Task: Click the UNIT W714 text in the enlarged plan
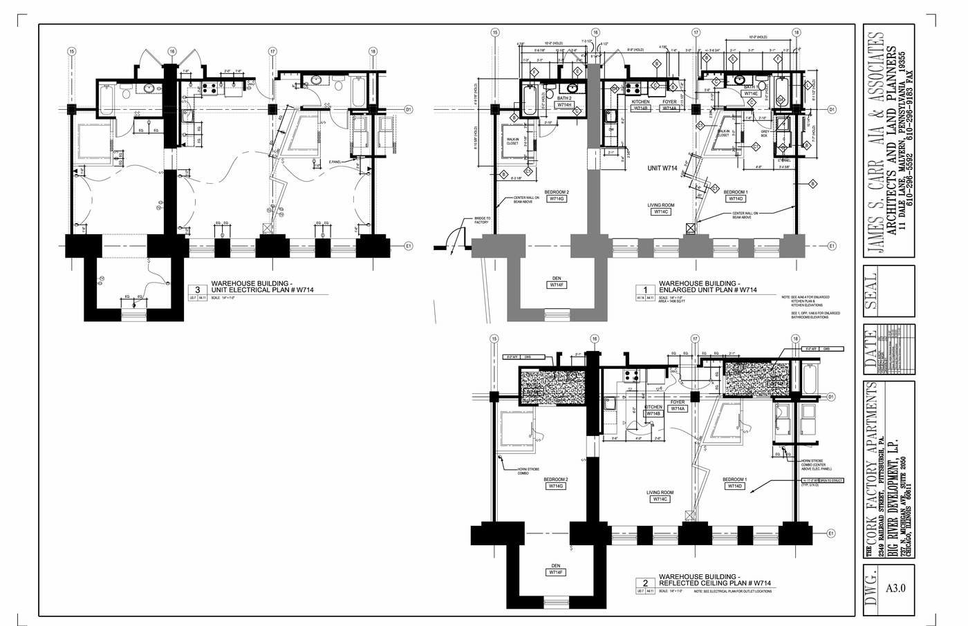(663, 168)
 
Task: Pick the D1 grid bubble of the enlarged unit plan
(832, 109)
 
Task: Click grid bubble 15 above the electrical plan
(71, 51)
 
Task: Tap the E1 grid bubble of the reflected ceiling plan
(832, 533)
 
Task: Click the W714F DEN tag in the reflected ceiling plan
(557, 572)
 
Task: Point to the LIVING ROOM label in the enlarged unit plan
(660, 205)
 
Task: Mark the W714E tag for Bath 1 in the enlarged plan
(751, 93)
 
